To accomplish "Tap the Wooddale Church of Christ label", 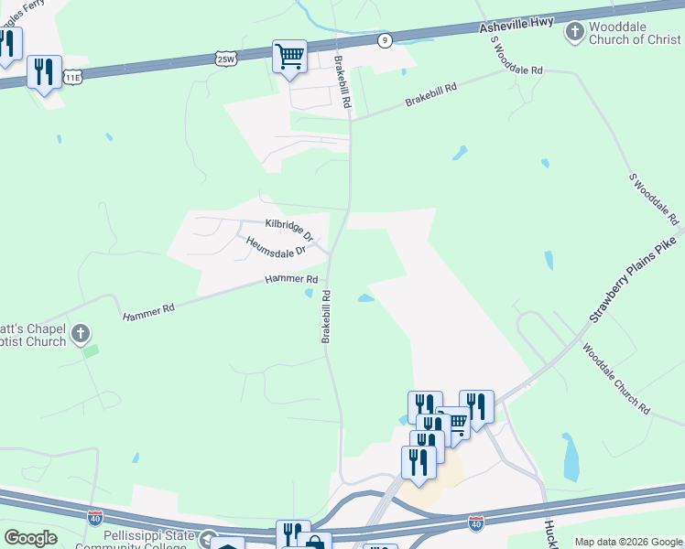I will [x=634, y=34].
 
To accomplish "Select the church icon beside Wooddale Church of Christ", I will [x=574, y=33].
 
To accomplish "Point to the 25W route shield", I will [x=226, y=59].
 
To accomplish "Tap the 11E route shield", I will [x=72, y=79].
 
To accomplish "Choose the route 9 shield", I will [x=386, y=39].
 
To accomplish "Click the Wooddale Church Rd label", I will [x=615, y=379].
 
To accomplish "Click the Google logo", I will [x=30, y=538].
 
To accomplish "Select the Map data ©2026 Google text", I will [x=628, y=542].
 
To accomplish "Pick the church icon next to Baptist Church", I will [x=81, y=332].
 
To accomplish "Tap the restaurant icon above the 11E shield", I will [x=44, y=71].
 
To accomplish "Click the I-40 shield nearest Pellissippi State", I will [x=95, y=518].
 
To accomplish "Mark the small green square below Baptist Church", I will [x=90, y=350].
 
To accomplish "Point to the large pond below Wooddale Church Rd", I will [x=571, y=457].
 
